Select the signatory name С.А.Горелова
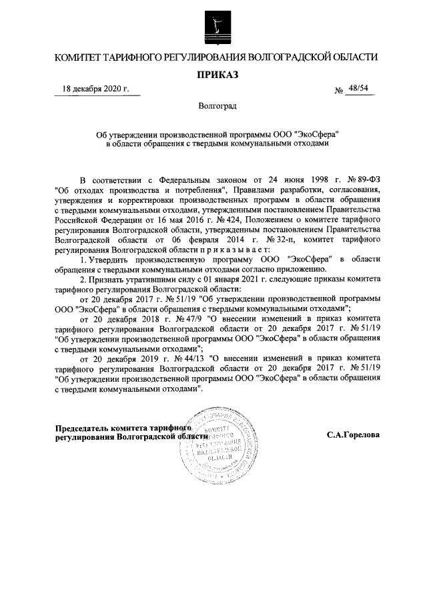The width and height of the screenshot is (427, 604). [353, 434]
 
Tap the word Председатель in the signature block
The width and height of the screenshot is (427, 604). [80, 428]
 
